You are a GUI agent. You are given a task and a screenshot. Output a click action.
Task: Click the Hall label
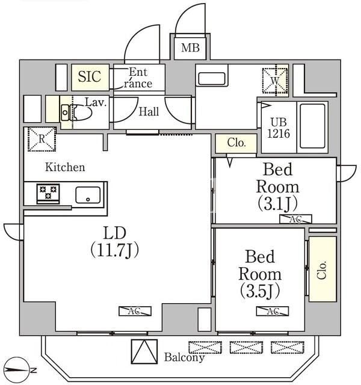tap(149, 111)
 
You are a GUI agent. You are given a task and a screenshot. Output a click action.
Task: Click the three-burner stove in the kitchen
tap(48, 194)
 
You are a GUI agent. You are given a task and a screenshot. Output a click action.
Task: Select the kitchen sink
tap(88, 195)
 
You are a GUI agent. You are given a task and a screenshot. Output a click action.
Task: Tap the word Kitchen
tap(64, 167)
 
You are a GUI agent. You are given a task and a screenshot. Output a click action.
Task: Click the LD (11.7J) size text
tap(114, 249)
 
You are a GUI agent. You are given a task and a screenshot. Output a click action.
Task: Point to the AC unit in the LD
tap(135, 311)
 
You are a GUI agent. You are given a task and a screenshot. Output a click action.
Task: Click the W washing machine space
tap(274, 79)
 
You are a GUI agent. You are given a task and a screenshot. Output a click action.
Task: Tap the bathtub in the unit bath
tap(313, 125)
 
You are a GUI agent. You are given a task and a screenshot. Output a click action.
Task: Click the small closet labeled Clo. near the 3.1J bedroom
tap(236, 143)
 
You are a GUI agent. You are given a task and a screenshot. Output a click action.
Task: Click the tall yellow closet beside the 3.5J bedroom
tap(322, 268)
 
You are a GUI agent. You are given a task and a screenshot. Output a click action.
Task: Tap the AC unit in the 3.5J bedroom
tap(273, 311)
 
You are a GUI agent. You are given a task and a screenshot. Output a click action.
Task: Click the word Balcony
tap(184, 357)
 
